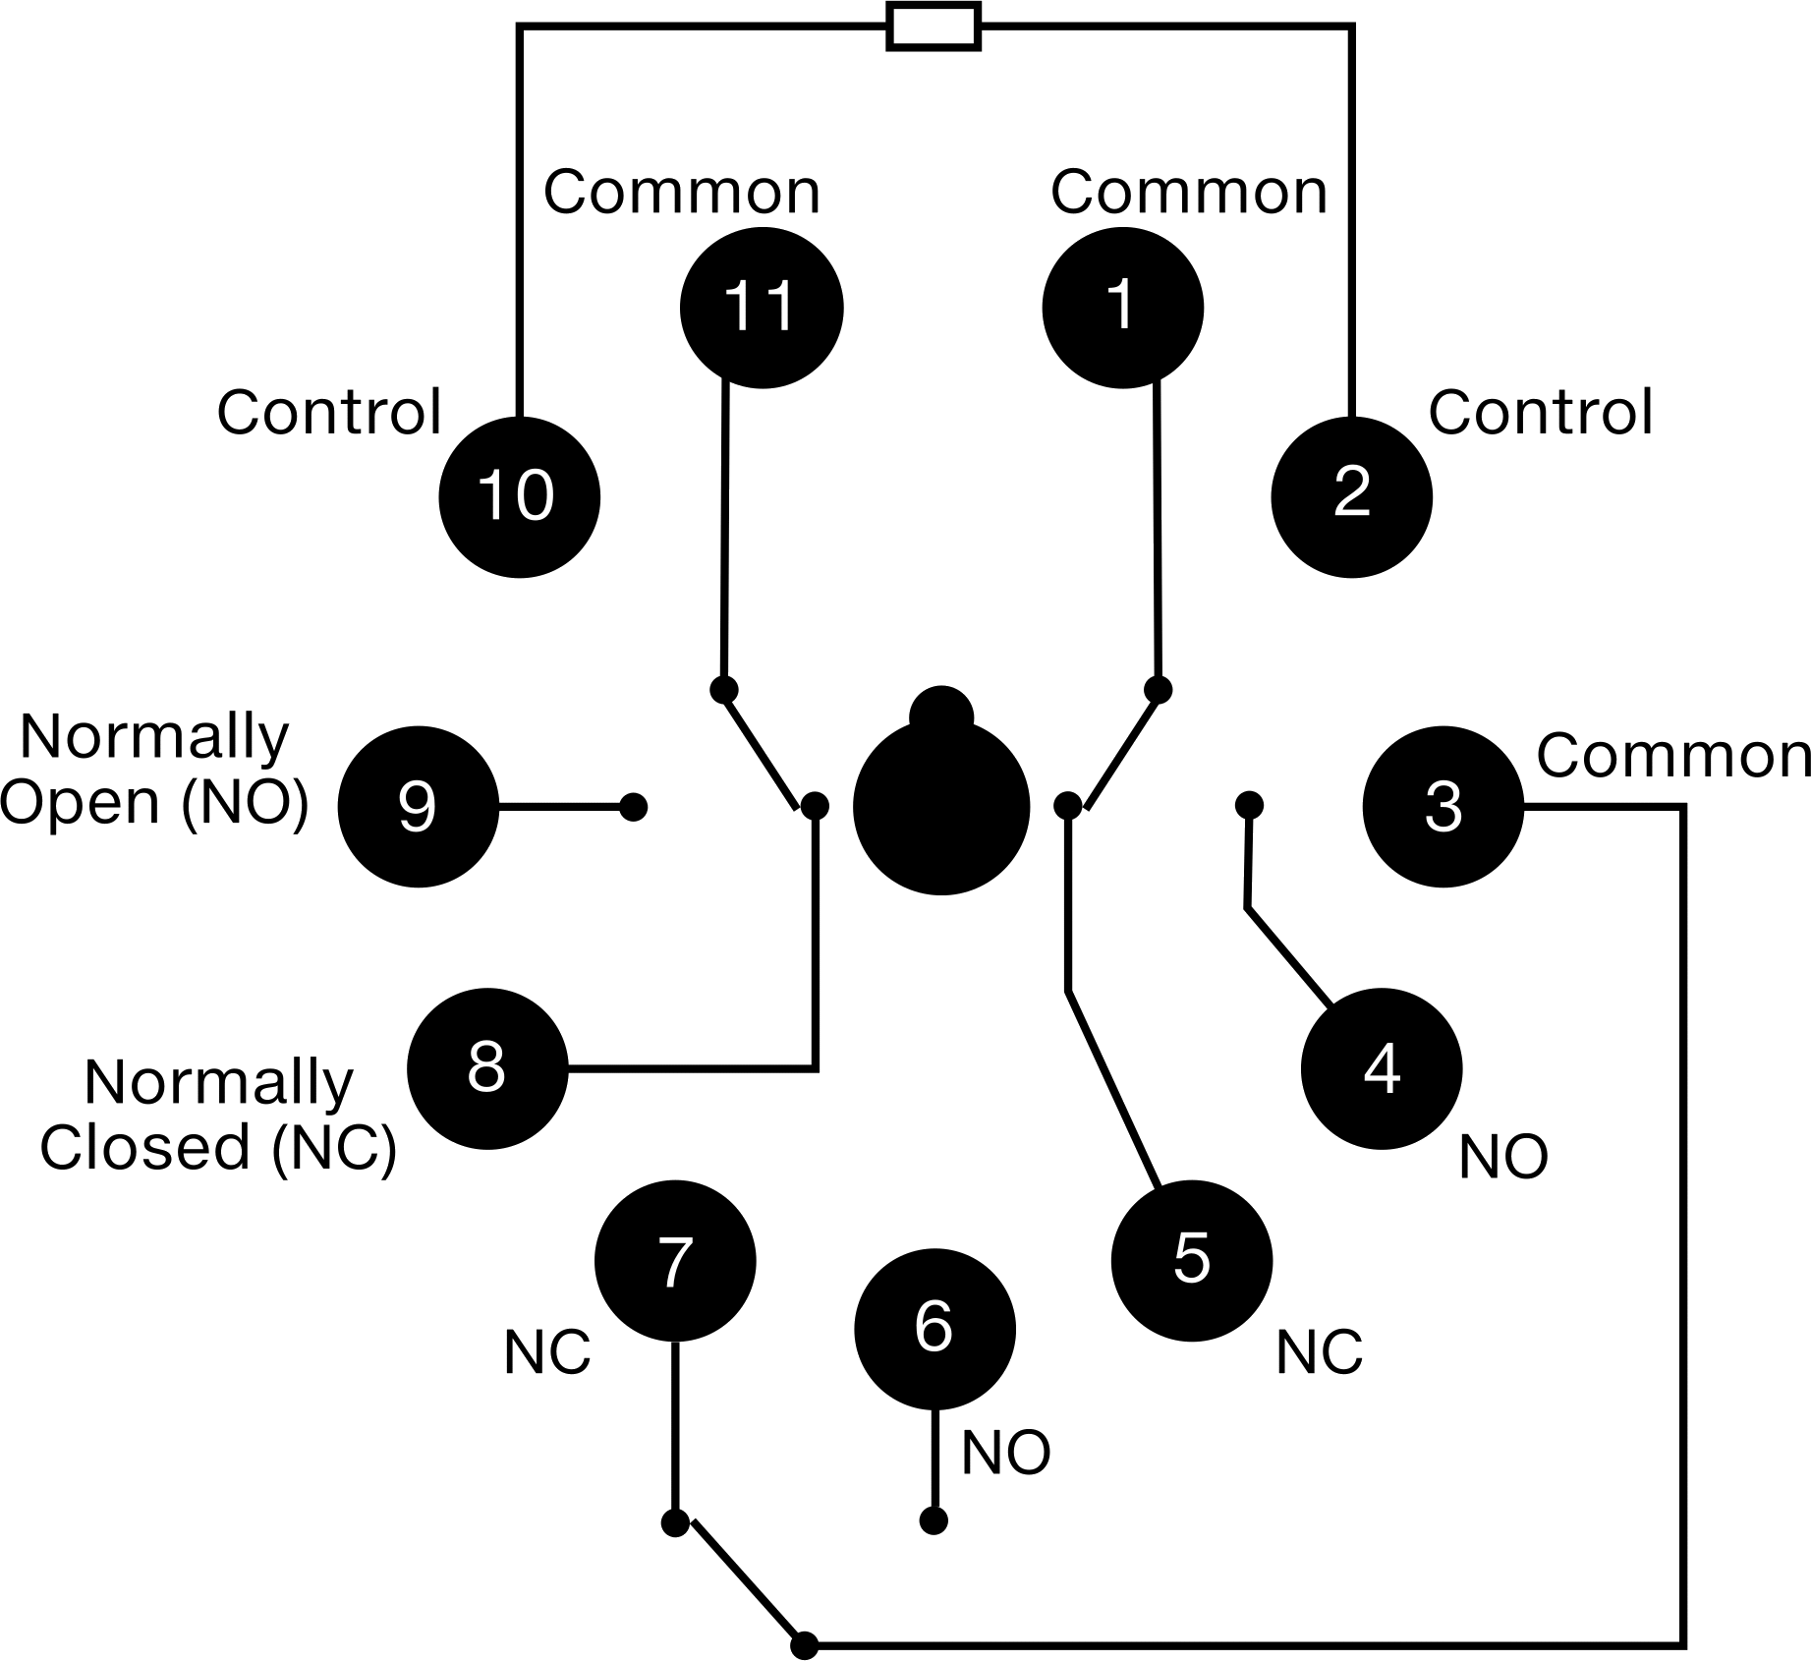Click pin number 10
(x=519, y=497)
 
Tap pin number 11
(x=762, y=308)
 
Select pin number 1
(x=1122, y=308)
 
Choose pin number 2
(x=1352, y=497)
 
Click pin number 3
(x=1443, y=807)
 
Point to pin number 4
(x=1382, y=1069)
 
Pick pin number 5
(x=1192, y=1261)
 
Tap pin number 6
(x=934, y=1330)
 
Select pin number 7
(x=675, y=1261)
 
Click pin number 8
(x=487, y=1068)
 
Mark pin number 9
(x=418, y=807)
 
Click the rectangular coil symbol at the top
(x=934, y=28)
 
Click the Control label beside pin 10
(x=329, y=412)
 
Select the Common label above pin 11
(x=682, y=192)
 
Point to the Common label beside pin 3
(x=1673, y=756)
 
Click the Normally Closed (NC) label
(x=218, y=1115)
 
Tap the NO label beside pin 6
(x=1006, y=1453)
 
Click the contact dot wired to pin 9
(x=634, y=808)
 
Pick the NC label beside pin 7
(x=547, y=1352)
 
